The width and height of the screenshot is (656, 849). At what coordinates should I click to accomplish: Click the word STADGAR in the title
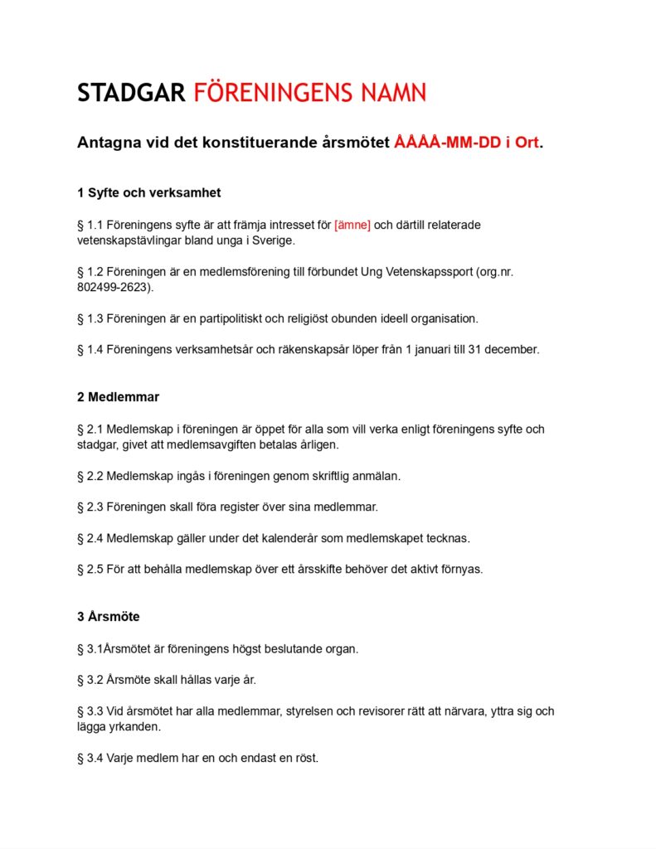tap(131, 93)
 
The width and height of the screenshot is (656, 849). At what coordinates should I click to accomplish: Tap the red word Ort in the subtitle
tap(527, 143)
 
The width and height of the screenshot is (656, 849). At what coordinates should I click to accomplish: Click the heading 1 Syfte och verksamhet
tap(148, 193)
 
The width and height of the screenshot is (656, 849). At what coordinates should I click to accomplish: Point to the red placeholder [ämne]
tap(352, 225)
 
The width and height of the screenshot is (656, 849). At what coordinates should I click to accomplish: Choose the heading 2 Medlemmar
tap(118, 397)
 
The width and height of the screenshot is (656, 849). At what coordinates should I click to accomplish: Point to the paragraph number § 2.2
tap(90, 476)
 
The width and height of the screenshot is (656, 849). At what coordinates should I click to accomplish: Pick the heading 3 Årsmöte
tap(108, 617)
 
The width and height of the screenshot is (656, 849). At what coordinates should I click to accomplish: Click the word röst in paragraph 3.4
tap(306, 758)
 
